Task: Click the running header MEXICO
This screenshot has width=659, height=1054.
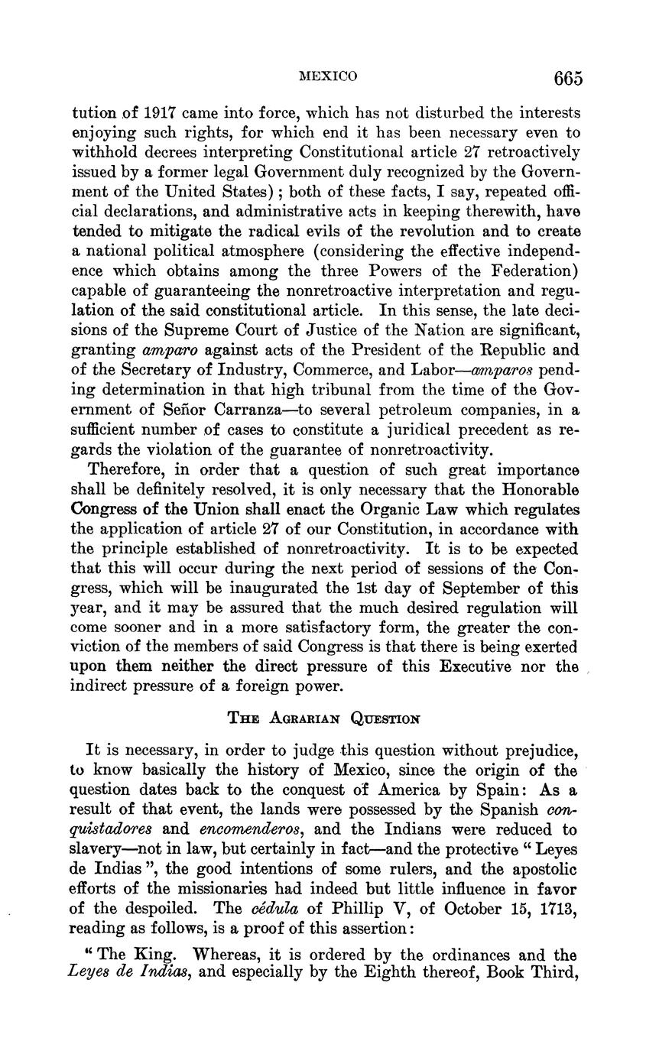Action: (328, 76)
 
